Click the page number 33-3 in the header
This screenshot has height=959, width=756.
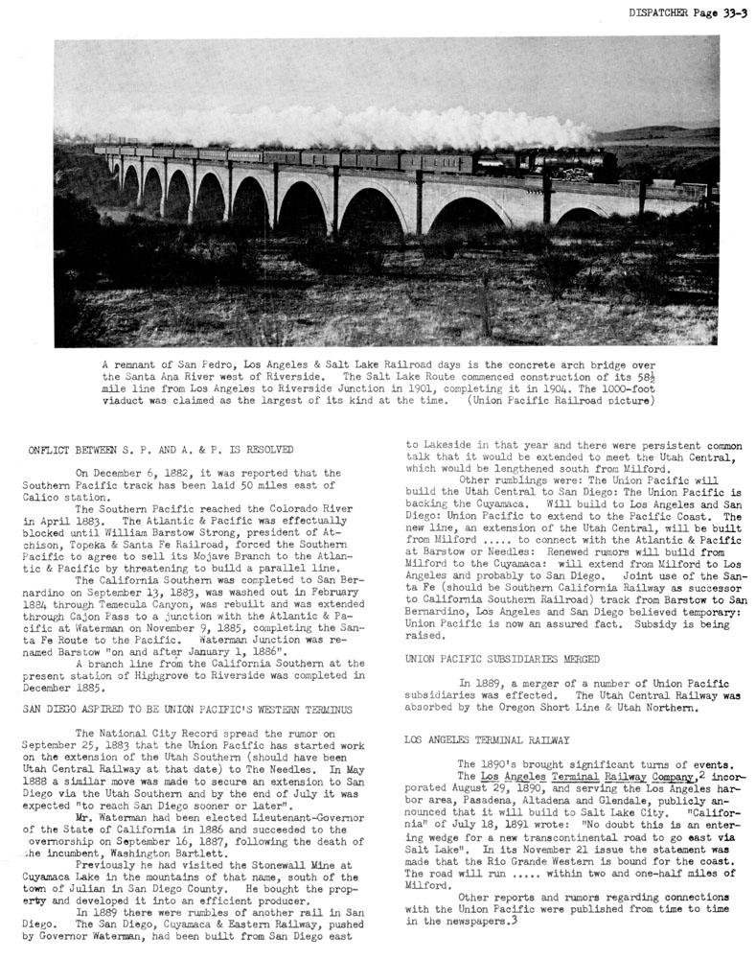coord(728,12)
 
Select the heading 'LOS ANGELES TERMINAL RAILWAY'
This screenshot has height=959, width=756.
coord(487,740)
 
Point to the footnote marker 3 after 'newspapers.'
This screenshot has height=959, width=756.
coord(515,921)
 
